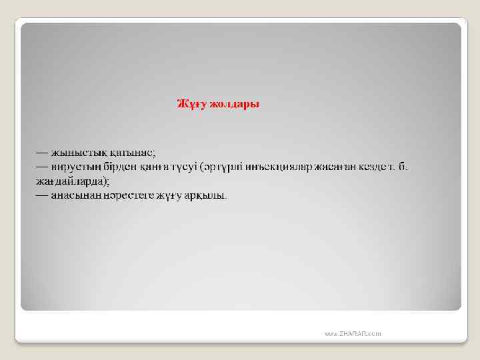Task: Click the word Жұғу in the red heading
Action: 191,105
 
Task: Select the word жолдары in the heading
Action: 234,105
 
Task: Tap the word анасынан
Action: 75,196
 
